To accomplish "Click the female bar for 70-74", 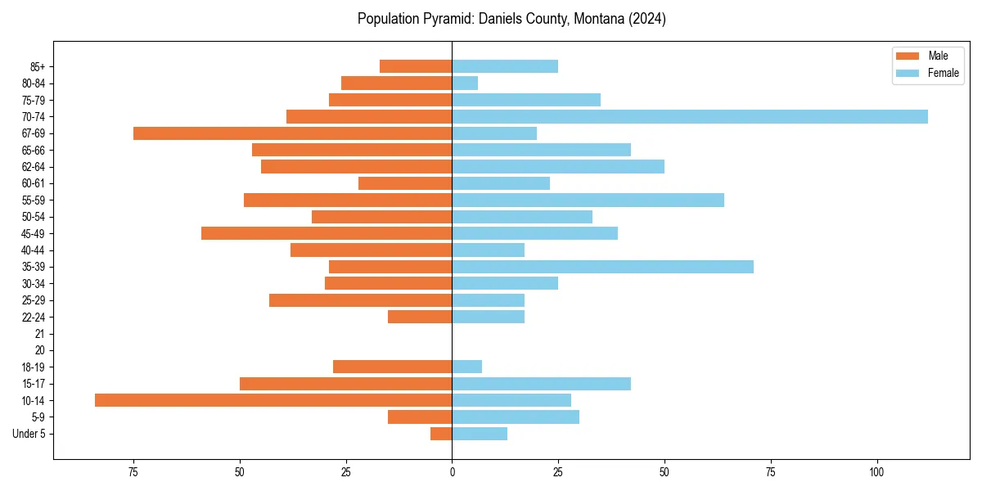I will (690, 116).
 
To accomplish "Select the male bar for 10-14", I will (273, 400).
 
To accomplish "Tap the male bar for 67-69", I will (292, 133).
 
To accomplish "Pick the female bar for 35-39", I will (602, 267).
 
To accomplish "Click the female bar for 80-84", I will (465, 83).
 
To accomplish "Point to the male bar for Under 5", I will (441, 434).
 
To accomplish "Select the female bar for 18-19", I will (466, 367).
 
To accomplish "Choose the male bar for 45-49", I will (327, 233).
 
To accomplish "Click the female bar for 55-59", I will (588, 200).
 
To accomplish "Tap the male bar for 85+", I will (416, 66).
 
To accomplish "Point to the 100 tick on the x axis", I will (876, 472).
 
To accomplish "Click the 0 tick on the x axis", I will (452, 472).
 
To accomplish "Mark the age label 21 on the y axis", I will (39, 334).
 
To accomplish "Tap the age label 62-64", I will (34, 167).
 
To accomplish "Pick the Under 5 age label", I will (29, 434).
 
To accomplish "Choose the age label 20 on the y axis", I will (39, 350).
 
